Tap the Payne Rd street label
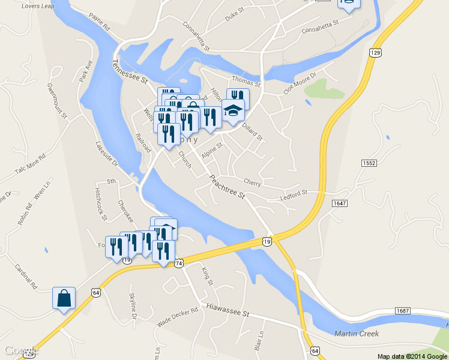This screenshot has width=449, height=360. (x=99, y=22)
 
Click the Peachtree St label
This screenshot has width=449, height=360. (x=227, y=187)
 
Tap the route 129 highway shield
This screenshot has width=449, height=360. (x=376, y=53)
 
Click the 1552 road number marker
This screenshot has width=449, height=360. (x=369, y=163)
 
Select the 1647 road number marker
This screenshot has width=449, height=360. (x=339, y=203)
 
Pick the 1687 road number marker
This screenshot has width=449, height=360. (x=403, y=310)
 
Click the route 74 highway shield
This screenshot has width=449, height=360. (x=178, y=263)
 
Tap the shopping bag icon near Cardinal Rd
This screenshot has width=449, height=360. (x=64, y=298)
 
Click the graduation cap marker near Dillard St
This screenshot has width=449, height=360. (x=233, y=110)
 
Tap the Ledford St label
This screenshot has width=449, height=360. (x=294, y=193)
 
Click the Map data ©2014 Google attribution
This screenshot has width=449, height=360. (x=411, y=356)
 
